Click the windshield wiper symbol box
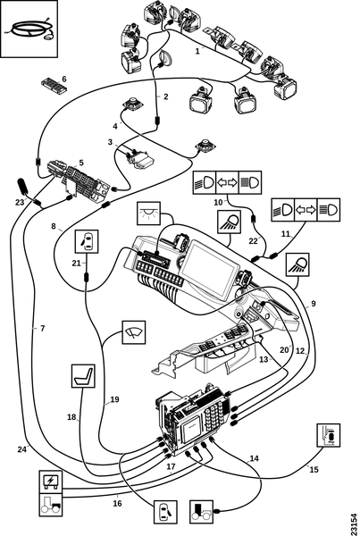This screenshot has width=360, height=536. point(134,332)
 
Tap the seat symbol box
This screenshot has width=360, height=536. point(83,376)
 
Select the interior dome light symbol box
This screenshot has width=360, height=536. point(148,214)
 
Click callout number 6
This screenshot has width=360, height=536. point(64,80)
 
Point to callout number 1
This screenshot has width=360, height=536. point(197,51)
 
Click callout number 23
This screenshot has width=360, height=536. point(20,203)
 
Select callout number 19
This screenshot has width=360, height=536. point(114,399)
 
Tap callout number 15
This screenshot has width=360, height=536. point(314,469)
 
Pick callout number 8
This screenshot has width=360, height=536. point(54,226)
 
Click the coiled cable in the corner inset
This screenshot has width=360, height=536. point(29,30)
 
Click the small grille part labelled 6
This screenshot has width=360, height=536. point(54,85)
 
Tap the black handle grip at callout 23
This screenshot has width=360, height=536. point(23,187)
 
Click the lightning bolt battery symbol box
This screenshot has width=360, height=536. point(51,482)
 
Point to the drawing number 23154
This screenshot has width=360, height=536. point(355,523)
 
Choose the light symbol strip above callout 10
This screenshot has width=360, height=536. point(227,182)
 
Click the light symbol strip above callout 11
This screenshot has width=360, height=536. point(306,210)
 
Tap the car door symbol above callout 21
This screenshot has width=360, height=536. point(87,241)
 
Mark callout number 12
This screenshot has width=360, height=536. point(300,351)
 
